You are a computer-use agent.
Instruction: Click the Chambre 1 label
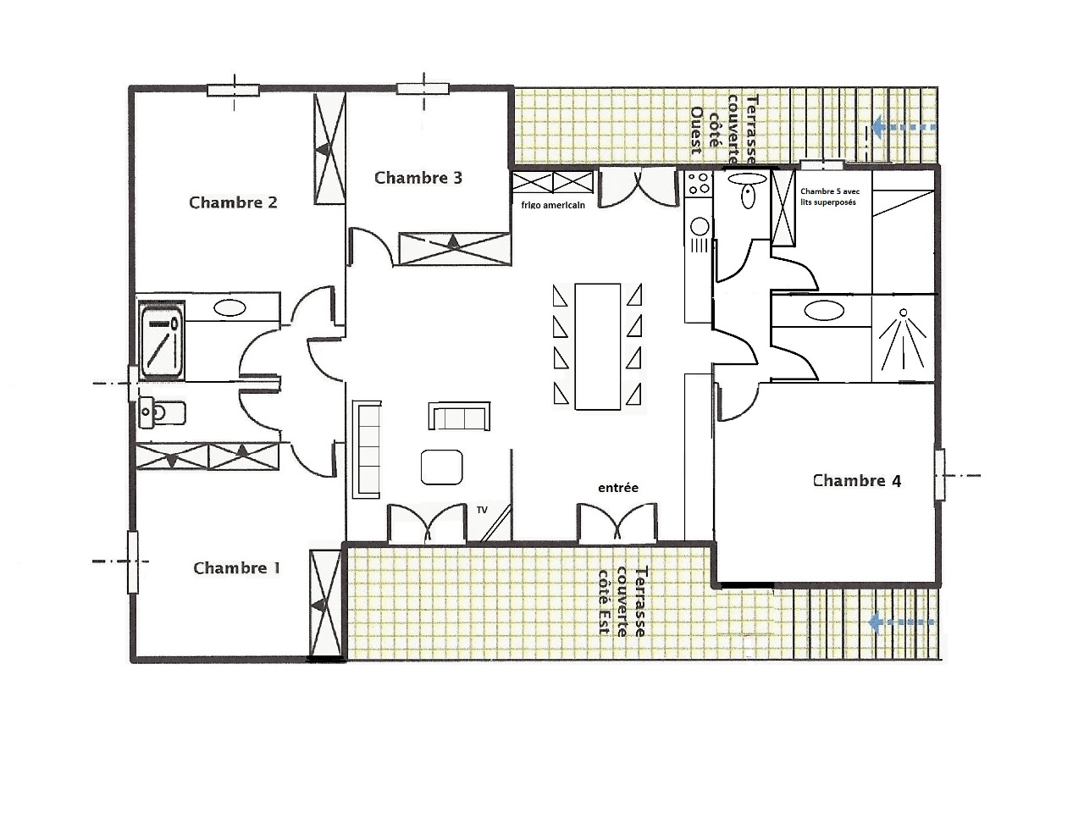coord(236,568)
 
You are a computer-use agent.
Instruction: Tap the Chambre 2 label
coord(233,202)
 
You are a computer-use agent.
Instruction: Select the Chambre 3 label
coord(418,178)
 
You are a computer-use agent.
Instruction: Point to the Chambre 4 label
coord(857,481)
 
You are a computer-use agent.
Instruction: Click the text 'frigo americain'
coord(553,205)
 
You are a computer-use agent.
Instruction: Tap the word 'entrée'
coord(618,488)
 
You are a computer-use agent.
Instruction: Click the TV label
coord(482,510)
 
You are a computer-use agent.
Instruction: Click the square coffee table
coord(441,467)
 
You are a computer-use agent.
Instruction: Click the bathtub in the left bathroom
coord(163,340)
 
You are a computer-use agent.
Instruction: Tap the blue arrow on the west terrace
coord(904,127)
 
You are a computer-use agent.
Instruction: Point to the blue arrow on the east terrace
coord(901,623)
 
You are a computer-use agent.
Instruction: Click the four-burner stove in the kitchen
coord(699,183)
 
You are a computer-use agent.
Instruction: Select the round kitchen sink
coord(700,227)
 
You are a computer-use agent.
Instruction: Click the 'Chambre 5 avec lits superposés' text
coord(830,196)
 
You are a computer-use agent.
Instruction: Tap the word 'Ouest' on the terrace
coord(696,130)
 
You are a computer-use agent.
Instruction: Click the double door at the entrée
coord(617,523)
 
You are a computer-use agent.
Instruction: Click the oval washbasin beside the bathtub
coord(230,308)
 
